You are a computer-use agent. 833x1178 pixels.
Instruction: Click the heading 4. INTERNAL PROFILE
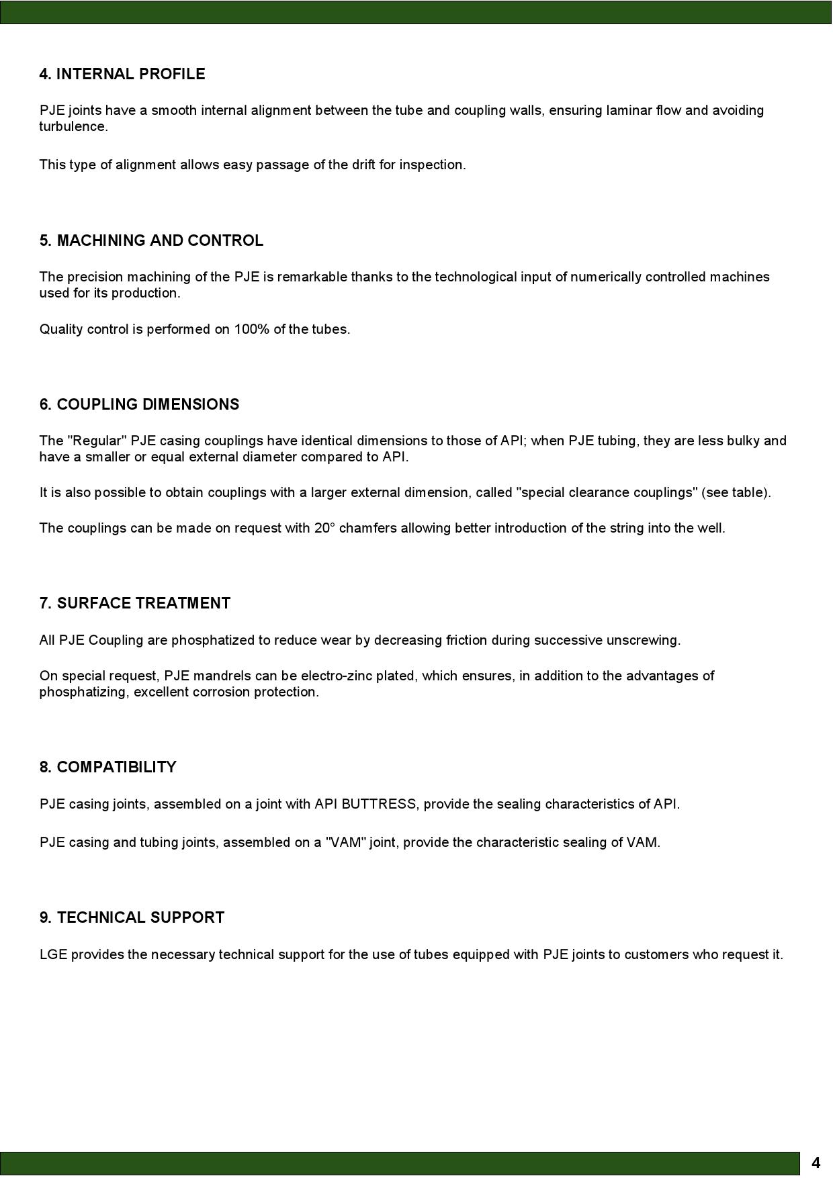click(122, 74)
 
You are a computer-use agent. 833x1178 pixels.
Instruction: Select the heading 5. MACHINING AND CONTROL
click(151, 240)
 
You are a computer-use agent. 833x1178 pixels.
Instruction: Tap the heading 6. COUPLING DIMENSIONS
click(139, 404)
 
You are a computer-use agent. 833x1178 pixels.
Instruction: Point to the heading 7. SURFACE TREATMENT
click(135, 603)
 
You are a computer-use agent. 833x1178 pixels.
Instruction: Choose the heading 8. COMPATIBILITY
click(108, 767)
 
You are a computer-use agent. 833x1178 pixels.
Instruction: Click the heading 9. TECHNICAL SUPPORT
click(132, 917)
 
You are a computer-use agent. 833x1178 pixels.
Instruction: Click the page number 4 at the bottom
click(816, 1163)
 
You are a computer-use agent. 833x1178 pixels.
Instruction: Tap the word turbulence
click(73, 127)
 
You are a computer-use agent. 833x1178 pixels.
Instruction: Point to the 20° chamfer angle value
click(321, 529)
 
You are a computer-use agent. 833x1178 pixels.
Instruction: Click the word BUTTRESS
click(378, 805)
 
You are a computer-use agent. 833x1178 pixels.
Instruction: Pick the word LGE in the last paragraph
click(53, 955)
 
